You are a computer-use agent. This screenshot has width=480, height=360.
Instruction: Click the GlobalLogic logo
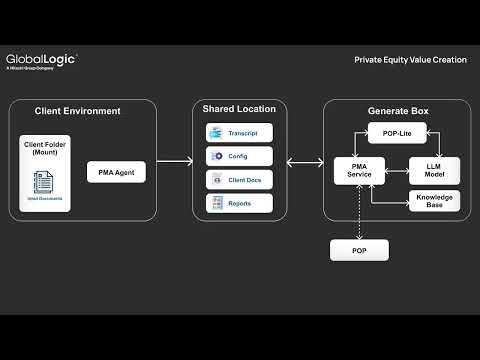point(41,60)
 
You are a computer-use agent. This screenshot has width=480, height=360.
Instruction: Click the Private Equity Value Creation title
point(410,60)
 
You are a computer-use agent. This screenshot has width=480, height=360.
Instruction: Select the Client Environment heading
point(78,110)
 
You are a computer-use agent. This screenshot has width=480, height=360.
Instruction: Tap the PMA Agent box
point(123,173)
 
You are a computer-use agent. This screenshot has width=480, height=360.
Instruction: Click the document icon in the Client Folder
point(43,182)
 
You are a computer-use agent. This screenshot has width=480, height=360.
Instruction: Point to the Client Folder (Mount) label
point(43,150)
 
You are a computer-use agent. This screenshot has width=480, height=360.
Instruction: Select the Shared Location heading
point(239,108)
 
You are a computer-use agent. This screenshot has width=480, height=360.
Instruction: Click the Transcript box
point(239,133)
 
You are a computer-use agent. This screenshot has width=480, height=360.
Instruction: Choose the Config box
point(239,156)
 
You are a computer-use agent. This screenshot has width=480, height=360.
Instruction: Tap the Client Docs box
point(239,180)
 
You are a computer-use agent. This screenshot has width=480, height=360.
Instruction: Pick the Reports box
point(239,203)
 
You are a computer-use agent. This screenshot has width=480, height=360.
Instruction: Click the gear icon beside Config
point(217,156)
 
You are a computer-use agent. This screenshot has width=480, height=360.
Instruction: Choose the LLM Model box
point(434,171)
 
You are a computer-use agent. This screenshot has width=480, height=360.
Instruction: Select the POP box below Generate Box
point(359,250)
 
